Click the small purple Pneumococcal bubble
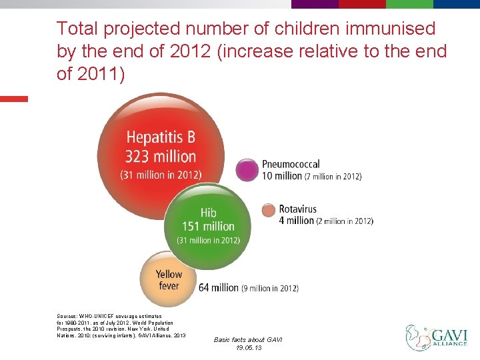click(x=248, y=170)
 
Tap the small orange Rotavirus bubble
click(x=268, y=210)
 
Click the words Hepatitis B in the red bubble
click(x=161, y=138)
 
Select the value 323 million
click(x=161, y=157)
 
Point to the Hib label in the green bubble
click(x=208, y=213)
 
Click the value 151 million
click(x=208, y=226)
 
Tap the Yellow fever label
click(x=169, y=280)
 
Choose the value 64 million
click(x=219, y=288)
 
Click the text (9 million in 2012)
click(x=270, y=289)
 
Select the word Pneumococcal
click(x=291, y=164)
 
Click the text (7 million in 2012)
click(x=333, y=177)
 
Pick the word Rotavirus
click(x=298, y=209)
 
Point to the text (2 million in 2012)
click(x=345, y=221)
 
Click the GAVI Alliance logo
click(x=437, y=336)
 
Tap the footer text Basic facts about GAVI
click(x=248, y=340)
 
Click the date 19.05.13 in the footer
click(x=248, y=348)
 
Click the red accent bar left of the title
click(x=14, y=99)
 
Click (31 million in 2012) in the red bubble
click(x=161, y=175)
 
